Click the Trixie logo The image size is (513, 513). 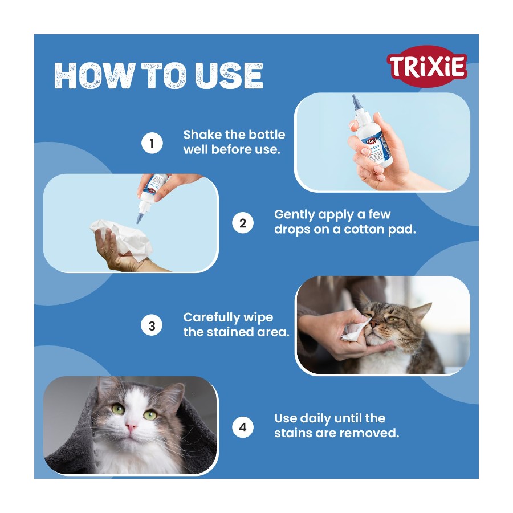(x=426, y=67)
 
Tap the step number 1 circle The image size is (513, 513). (x=152, y=143)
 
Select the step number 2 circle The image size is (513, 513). (x=242, y=223)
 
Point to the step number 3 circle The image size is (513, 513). (x=152, y=325)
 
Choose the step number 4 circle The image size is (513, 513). (x=242, y=427)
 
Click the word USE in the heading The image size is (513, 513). (x=229, y=76)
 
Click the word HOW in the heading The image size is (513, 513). (x=95, y=76)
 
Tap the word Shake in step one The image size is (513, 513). (x=202, y=135)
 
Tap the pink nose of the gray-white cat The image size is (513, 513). (x=131, y=426)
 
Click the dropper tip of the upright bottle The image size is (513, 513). (x=354, y=97)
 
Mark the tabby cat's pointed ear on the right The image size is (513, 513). (x=422, y=311)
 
